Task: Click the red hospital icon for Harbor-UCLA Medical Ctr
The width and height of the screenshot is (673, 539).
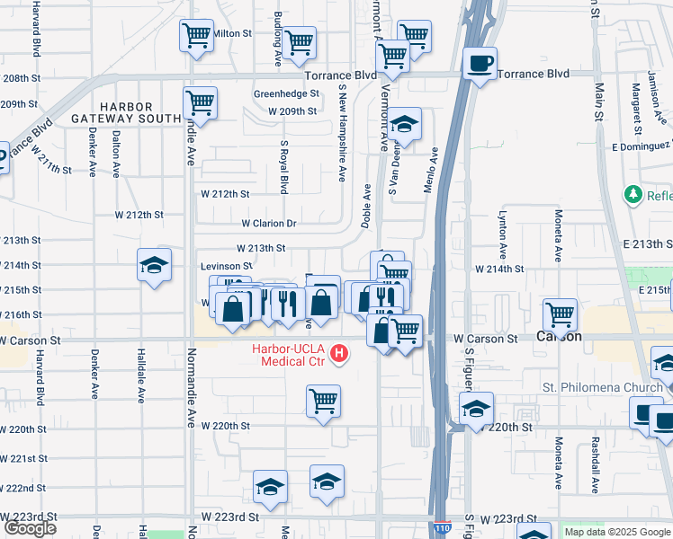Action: tap(338, 354)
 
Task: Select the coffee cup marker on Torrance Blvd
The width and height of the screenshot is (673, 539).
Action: tap(480, 64)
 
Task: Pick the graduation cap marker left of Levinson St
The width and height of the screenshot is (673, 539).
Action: tap(155, 266)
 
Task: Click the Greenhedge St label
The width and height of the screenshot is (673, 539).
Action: tap(286, 93)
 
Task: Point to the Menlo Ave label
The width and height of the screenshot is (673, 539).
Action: tap(433, 171)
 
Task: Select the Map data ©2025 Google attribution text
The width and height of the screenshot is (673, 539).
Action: tap(616, 532)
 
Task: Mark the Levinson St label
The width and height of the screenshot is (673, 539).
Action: tap(226, 266)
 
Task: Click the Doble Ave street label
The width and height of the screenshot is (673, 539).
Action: tap(366, 207)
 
